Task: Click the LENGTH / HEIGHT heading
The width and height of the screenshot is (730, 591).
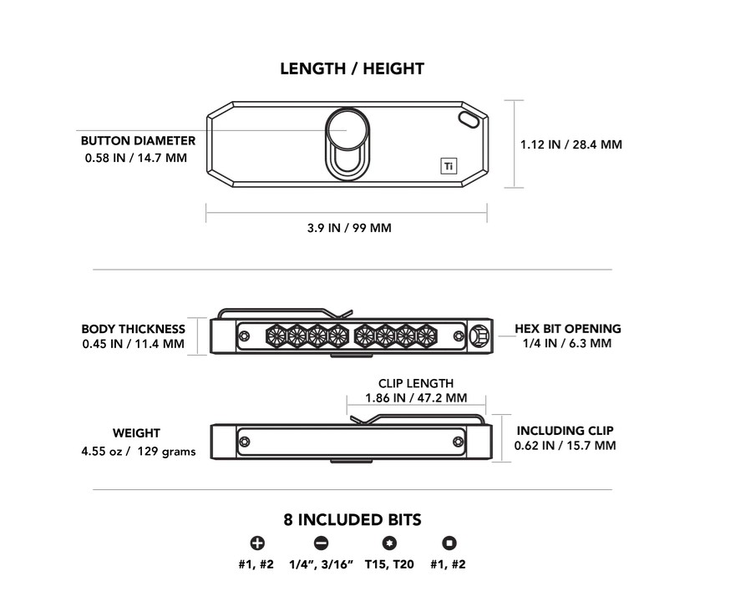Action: click(x=352, y=69)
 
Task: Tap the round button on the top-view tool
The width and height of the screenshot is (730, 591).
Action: click(x=347, y=129)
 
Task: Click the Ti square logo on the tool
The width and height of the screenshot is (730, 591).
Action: click(x=449, y=166)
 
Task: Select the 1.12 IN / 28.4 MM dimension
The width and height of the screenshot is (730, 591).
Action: click(x=570, y=144)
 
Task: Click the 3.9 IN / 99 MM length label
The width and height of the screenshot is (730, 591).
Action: click(x=349, y=228)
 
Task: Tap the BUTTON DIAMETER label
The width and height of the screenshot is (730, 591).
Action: click(x=138, y=140)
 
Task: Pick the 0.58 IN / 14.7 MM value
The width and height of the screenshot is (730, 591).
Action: click(x=136, y=158)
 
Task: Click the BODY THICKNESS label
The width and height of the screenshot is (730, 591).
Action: click(x=133, y=329)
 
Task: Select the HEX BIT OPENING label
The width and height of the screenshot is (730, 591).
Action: click(x=567, y=329)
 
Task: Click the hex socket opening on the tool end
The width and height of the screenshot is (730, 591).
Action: click(x=479, y=336)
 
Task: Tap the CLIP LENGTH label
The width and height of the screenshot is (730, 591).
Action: click(x=416, y=383)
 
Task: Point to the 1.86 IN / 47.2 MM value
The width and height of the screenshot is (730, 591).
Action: click(x=416, y=398)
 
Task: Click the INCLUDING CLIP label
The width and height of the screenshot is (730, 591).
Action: click(x=565, y=431)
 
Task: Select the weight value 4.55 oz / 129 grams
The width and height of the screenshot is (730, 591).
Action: click(x=139, y=452)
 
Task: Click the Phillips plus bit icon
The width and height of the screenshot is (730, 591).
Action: click(x=257, y=543)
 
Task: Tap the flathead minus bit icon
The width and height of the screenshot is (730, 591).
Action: click(x=322, y=543)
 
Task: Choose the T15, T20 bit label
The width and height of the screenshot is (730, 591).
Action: click(x=389, y=564)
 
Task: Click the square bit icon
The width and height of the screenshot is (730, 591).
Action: click(x=449, y=543)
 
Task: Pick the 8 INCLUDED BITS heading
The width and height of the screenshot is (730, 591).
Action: click(x=352, y=520)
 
